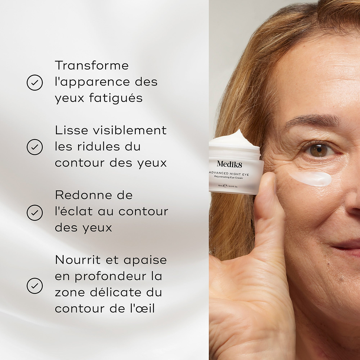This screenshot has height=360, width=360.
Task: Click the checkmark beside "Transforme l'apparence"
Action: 34,83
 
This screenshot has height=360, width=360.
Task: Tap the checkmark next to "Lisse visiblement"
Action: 34,147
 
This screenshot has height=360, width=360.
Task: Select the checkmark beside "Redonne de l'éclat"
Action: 34,212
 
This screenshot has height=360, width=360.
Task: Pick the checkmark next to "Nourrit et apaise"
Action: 34,285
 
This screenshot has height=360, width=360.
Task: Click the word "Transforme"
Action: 92,65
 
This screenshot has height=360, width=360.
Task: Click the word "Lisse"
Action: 71,130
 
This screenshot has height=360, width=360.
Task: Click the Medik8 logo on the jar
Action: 229,163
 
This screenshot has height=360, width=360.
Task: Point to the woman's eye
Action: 319,150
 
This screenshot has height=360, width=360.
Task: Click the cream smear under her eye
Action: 311,178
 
